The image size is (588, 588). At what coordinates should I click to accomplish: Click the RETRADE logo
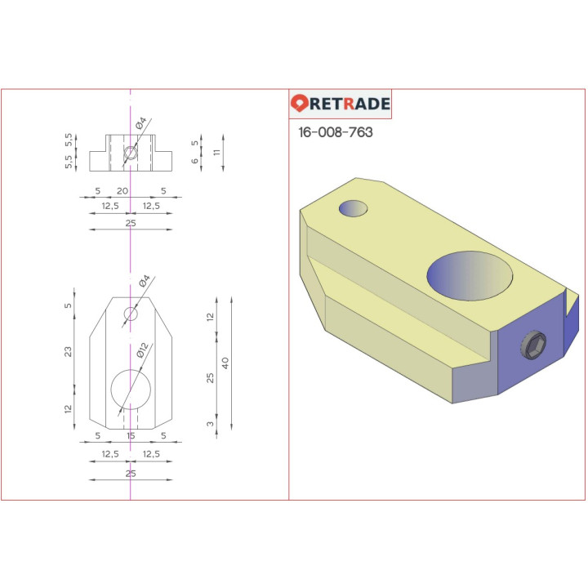tap(341, 104)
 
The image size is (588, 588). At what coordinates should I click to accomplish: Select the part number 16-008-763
tap(335, 132)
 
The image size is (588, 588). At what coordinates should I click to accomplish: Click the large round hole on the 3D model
tap(470, 275)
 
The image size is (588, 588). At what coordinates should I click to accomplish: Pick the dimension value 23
tap(69, 351)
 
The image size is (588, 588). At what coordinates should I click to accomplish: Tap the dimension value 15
tap(131, 436)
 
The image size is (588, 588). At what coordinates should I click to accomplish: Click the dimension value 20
tap(122, 191)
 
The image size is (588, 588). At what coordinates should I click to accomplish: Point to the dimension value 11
tap(217, 153)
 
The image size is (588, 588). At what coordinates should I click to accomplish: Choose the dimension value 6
tap(194, 162)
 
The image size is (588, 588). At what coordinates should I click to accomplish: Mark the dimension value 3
tap(210, 424)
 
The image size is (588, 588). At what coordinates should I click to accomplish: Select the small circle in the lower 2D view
tap(131, 314)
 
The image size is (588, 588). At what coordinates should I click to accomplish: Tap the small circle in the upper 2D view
tap(131, 153)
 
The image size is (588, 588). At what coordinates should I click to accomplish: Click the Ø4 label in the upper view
tap(140, 124)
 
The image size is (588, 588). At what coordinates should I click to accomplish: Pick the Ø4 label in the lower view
tap(144, 282)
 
